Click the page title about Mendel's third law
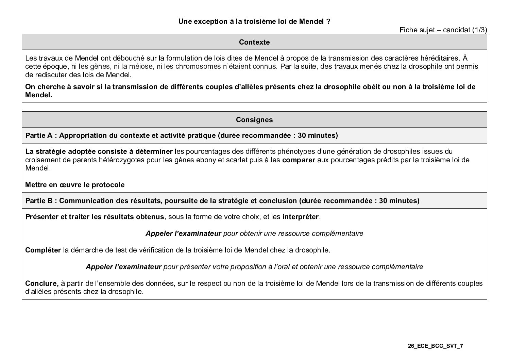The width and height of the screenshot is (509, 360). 254,21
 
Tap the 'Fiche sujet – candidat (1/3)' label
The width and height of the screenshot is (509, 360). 443,30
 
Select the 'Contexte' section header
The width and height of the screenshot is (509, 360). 254,42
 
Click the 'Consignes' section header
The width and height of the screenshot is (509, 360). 254,120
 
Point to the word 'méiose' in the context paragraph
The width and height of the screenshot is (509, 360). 140,66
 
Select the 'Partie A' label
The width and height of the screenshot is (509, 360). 39,135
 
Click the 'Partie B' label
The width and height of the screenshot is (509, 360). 39,201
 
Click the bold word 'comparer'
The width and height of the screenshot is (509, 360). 299,160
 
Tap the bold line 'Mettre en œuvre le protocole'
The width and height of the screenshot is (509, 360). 75,185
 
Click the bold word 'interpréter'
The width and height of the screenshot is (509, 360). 301,217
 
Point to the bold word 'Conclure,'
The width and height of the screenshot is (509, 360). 42,283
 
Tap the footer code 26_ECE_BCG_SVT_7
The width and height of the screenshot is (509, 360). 435,346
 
